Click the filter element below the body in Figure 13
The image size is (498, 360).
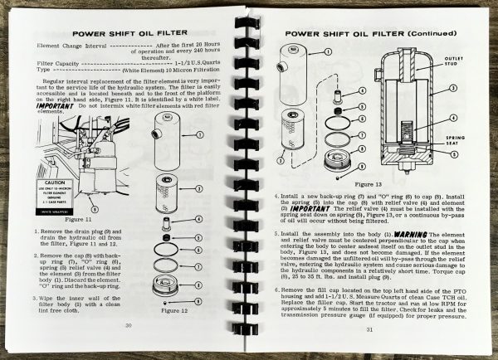(296, 130)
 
